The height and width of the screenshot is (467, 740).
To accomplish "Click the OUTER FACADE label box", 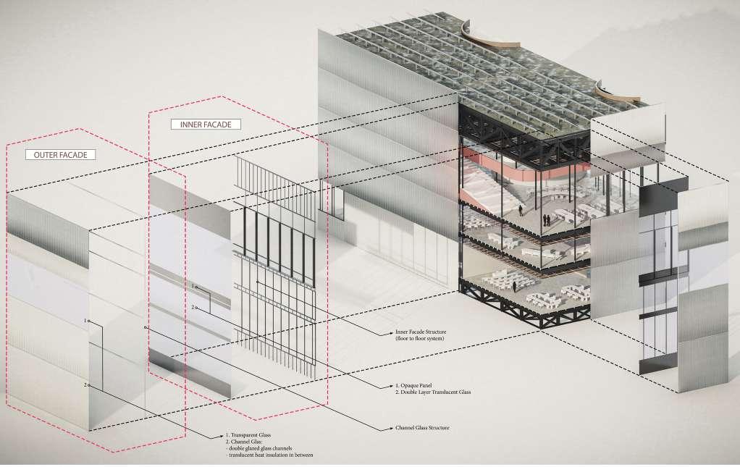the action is pyautogui.click(x=60, y=155).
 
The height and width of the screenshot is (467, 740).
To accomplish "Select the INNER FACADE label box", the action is pyautogui.click(x=206, y=125).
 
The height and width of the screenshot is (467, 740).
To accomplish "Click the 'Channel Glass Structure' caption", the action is pyautogui.click(x=419, y=428).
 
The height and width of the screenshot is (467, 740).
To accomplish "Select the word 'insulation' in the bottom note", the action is pyautogui.click(x=286, y=455).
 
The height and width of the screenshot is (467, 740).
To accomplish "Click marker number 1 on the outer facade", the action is pyautogui.click(x=85, y=320).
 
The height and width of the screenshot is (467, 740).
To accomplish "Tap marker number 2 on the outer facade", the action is pyautogui.click(x=85, y=384).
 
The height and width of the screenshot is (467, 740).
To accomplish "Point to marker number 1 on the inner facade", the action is pyautogui.click(x=194, y=287).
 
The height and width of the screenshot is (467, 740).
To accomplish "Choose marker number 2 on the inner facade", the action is pyautogui.click(x=194, y=308).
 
